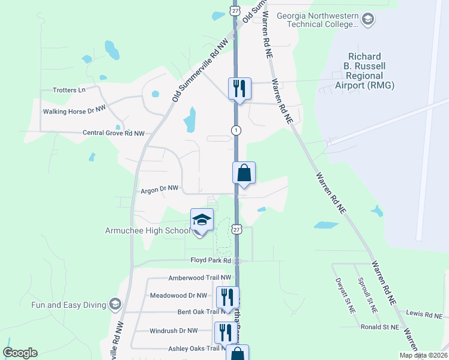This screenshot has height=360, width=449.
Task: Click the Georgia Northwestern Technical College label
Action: (317, 19)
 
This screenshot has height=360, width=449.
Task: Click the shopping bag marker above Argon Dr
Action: (244, 173)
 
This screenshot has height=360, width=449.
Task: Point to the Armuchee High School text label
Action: (147, 230)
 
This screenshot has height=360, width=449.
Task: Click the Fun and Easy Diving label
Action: (68, 305)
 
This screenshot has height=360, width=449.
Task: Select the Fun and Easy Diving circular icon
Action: (115, 305)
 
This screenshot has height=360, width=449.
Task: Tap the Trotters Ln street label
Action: (69, 90)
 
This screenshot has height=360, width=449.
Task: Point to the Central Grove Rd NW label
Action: (113, 133)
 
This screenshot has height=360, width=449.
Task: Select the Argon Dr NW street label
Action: (160, 188)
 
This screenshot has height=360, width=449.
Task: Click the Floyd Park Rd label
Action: (211, 260)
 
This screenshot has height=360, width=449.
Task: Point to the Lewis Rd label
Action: (419, 314)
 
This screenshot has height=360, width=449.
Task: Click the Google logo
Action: (20, 353)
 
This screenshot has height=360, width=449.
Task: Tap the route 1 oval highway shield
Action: (237, 130)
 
